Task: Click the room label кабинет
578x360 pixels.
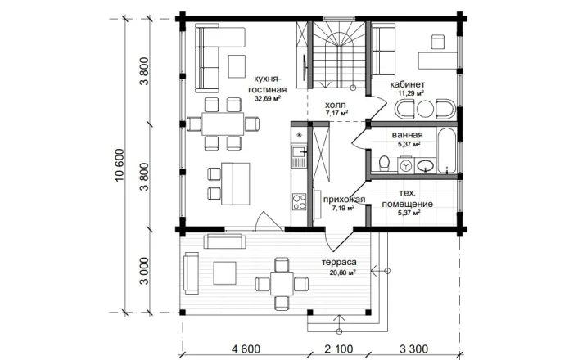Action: [408, 84]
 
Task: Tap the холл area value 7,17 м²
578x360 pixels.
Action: [337, 113]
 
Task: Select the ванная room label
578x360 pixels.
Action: [407, 135]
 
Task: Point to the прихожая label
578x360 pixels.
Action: [344, 200]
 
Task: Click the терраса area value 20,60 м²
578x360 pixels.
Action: [343, 273]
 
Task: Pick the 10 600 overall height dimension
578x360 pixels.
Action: [120, 165]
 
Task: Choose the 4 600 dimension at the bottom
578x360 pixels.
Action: [246, 349]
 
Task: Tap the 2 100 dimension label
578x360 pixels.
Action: [339, 349]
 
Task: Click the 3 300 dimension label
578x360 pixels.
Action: [413, 349]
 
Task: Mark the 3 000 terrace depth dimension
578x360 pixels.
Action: [144, 271]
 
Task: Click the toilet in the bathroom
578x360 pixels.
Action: [384, 163]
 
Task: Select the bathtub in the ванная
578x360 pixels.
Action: [446, 151]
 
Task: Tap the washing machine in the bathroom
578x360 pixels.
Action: [406, 166]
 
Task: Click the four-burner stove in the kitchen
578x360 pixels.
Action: [299, 202]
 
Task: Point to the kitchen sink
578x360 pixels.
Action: [299, 152]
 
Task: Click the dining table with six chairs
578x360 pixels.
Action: [223, 124]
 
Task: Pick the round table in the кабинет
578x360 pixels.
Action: [425, 110]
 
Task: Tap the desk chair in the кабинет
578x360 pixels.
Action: [437, 42]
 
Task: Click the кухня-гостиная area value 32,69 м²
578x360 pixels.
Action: [268, 98]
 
